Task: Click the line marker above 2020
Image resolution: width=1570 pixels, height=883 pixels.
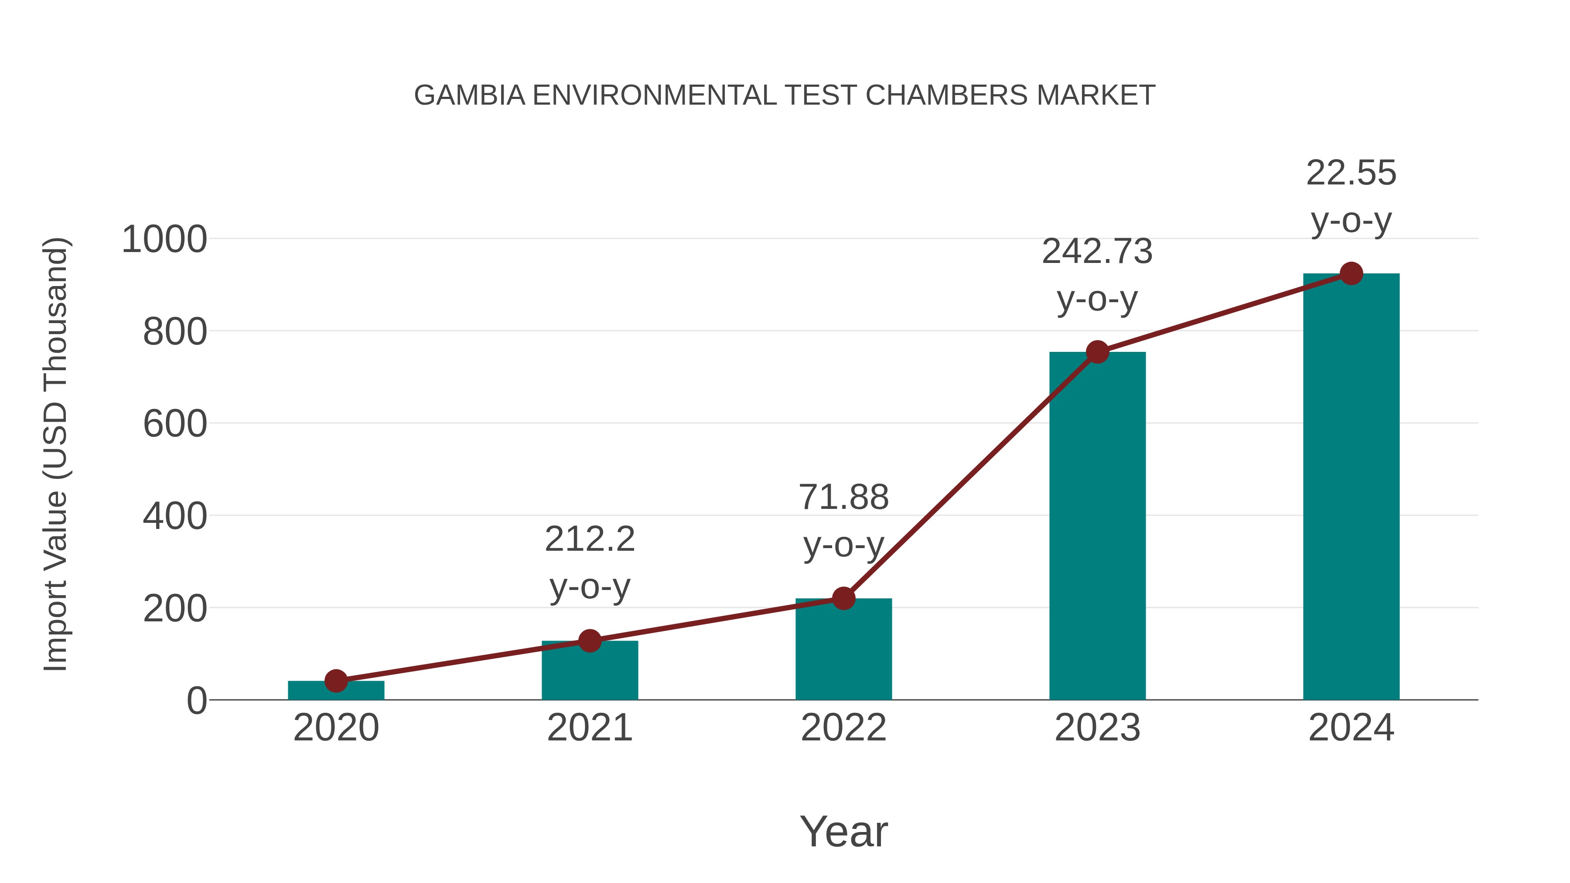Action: (336, 681)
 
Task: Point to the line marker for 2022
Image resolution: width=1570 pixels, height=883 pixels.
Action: (843, 598)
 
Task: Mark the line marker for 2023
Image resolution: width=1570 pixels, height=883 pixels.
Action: (1097, 351)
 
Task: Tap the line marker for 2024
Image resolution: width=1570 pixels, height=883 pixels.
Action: (1351, 273)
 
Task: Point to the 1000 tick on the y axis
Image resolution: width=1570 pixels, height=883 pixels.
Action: (164, 239)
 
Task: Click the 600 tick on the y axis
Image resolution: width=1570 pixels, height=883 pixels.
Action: (175, 424)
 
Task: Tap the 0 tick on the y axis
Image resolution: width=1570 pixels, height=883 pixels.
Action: (197, 701)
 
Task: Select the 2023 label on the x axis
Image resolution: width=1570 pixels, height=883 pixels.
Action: (1097, 728)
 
